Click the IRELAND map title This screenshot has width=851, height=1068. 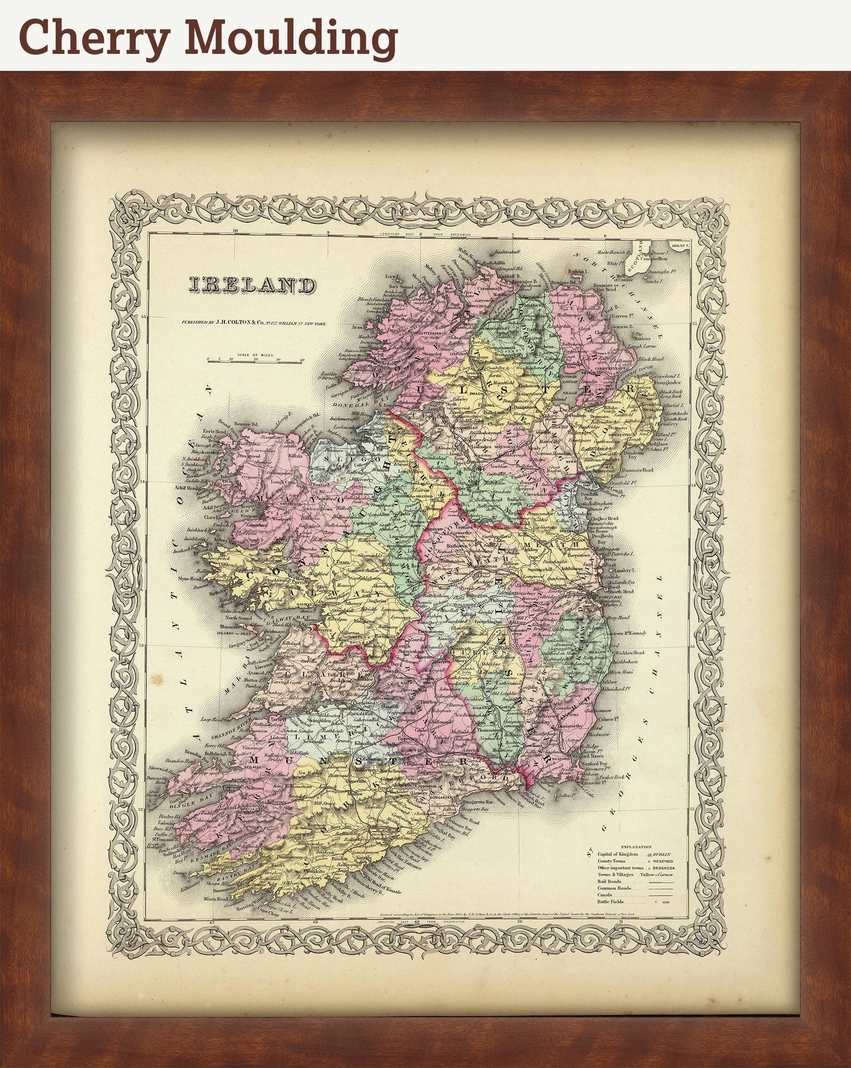(252, 285)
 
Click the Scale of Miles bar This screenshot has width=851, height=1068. (255, 362)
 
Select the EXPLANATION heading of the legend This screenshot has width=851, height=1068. (633, 847)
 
